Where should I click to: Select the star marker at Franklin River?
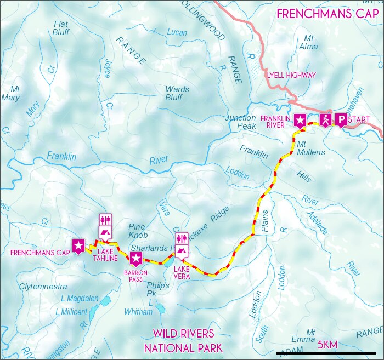[300, 121]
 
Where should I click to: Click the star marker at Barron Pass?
[137, 259]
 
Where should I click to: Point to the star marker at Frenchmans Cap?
[78, 245]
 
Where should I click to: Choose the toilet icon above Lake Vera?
[182, 238]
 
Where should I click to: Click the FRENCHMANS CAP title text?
[327, 14]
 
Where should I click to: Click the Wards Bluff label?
[177, 93]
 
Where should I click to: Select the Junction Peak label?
[240, 122]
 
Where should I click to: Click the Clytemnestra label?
[43, 287]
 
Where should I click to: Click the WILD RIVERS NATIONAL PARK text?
[183, 340]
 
